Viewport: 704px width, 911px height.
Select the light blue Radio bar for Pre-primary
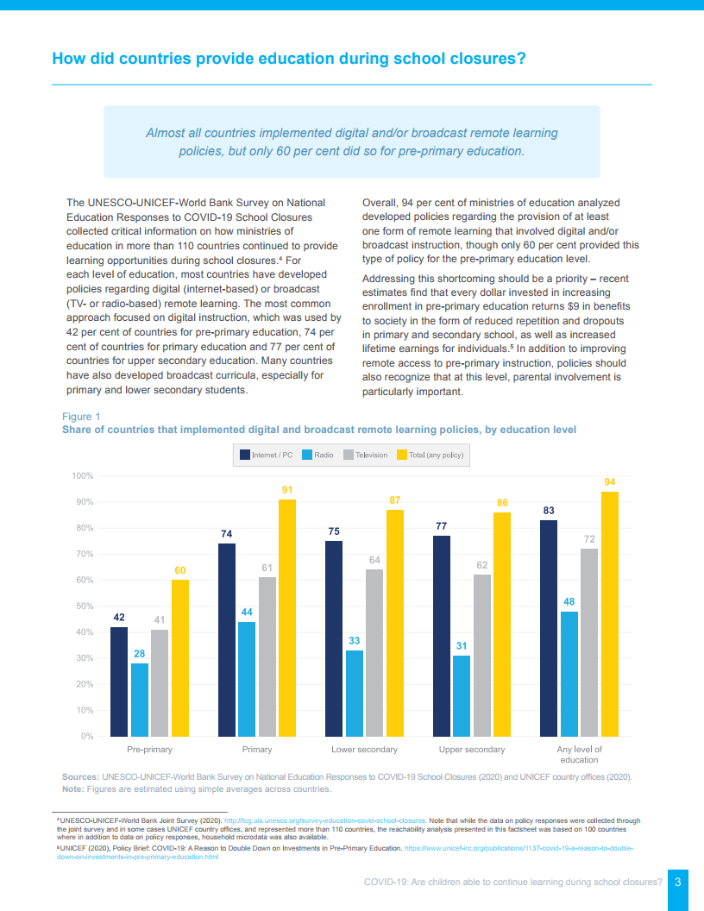coord(140,700)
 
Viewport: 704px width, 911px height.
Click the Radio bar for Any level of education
coord(569,674)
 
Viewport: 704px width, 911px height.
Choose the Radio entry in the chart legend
coord(318,455)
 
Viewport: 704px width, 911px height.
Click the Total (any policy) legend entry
coord(430,455)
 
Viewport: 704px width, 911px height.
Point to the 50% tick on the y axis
coord(83,606)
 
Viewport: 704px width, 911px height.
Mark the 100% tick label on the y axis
coord(82,476)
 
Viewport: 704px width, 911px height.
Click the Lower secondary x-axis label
coord(365,750)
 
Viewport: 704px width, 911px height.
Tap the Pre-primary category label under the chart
coord(150,750)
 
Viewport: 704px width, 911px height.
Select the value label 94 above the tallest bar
coord(610,481)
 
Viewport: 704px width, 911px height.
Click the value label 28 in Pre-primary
coord(140,654)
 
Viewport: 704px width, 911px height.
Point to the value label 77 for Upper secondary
coord(442,525)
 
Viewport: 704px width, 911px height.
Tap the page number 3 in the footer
coord(678,882)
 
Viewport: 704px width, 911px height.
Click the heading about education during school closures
coord(289,59)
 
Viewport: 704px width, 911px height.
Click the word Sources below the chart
coord(80,776)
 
